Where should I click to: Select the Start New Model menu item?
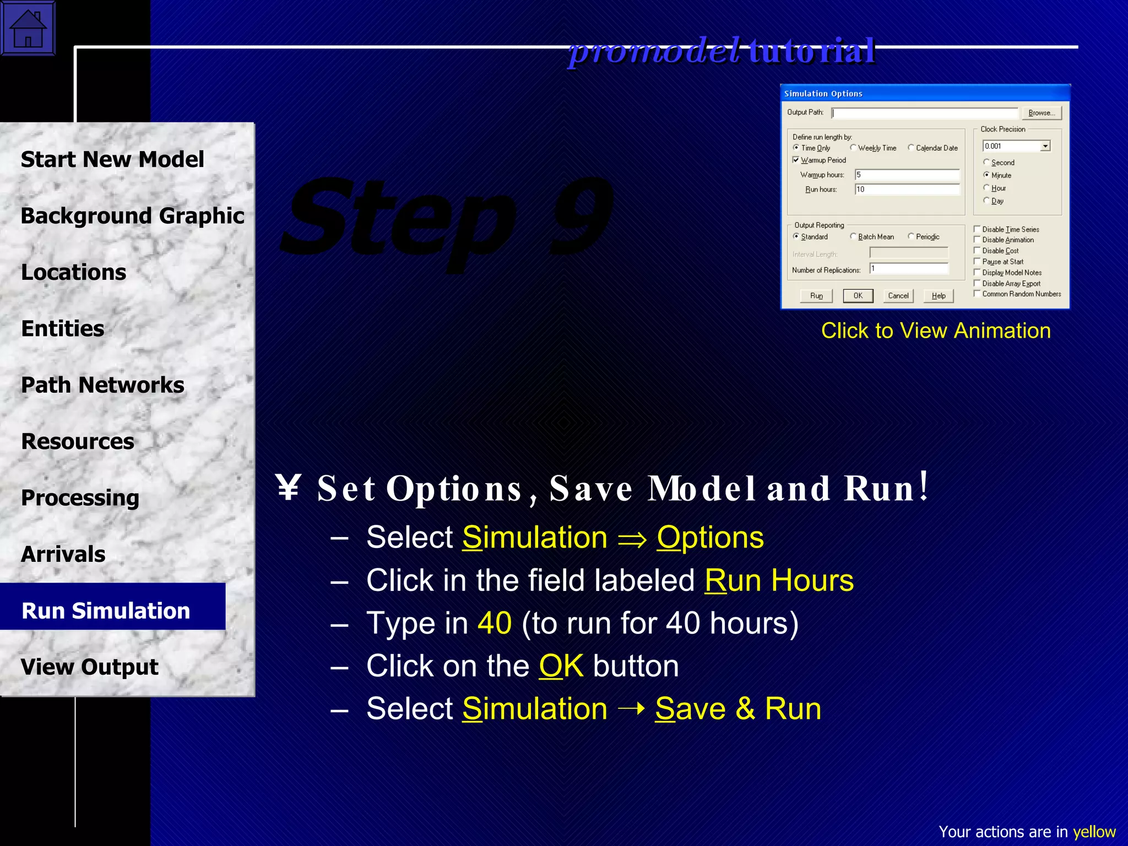(112, 160)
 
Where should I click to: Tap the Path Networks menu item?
(102, 385)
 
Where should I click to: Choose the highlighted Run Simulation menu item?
(106, 610)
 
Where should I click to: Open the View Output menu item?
(90, 667)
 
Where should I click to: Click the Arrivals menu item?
(63, 554)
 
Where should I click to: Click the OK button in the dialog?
(858, 296)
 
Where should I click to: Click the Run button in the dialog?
(816, 296)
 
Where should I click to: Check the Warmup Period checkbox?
(796, 160)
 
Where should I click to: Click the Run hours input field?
(907, 189)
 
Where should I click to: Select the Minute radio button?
(986, 175)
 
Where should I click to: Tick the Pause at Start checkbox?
(977, 262)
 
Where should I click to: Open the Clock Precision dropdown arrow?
(1045, 146)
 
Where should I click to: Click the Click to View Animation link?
(936, 330)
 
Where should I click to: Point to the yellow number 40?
(495, 623)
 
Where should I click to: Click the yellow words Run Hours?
(779, 581)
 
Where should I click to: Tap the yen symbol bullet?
(288, 487)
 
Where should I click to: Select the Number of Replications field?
(909, 269)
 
